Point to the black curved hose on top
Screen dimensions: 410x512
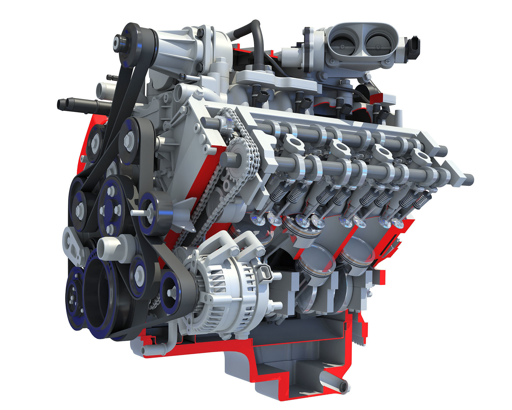pyautogui.click(x=253, y=36)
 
